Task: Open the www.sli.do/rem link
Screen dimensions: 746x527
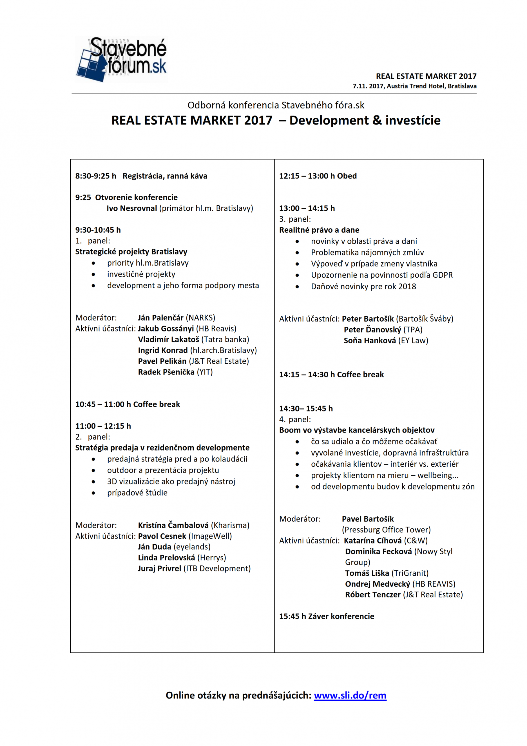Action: click(350, 695)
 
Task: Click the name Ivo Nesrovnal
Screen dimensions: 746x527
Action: click(131, 208)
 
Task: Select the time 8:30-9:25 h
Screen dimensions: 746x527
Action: click(95, 176)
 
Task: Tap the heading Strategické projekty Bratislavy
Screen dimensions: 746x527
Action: click(131, 251)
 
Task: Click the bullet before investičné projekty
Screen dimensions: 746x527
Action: click(93, 275)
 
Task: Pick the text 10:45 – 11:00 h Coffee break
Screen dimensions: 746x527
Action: click(128, 404)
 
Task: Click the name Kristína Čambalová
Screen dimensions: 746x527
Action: click(173, 525)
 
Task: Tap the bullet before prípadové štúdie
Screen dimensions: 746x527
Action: click(93, 493)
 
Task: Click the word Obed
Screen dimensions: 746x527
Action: click(347, 176)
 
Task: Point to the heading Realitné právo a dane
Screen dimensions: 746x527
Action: click(319, 230)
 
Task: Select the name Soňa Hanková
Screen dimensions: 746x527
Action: click(370, 340)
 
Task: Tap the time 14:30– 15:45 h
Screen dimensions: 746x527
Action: click(306, 408)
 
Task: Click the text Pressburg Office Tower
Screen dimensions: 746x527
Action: click(386, 530)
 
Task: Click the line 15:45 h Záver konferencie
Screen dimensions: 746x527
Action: click(327, 616)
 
